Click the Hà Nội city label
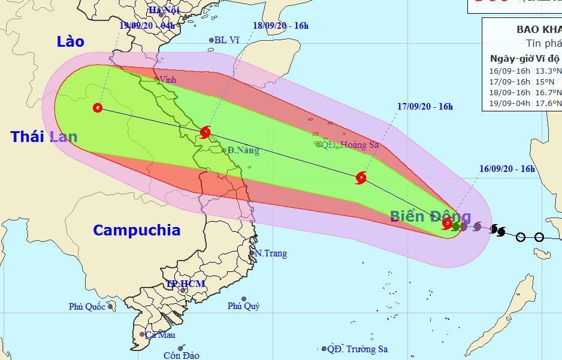tap(164, 10)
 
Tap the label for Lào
tap(71, 41)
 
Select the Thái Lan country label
tap(44, 137)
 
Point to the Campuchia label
tap(137, 230)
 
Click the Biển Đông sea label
tap(430, 216)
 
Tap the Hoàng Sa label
tap(359, 144)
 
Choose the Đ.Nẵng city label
tap(243, 150)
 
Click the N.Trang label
tap(271, 253)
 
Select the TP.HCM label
tap(186, 283)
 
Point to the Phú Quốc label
tap(87, 307)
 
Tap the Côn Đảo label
tap(181, 355)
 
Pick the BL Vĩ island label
tap(226, 40)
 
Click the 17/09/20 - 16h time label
tap(425, 107)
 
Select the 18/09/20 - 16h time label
tap(280, 26)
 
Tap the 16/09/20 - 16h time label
tap(507, 169)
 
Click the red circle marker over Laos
tap(98, 108)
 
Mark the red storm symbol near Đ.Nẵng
tap(206, 132)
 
